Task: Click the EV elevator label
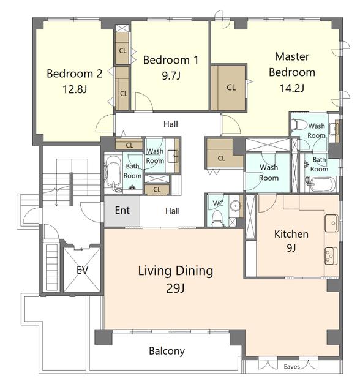click(82, 270)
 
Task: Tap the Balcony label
click(167, 351)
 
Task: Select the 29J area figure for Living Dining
click(175, 288)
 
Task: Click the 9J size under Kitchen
click(291, 247)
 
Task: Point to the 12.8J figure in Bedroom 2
click(75, 89)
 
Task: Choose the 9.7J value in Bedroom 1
click(171, 75)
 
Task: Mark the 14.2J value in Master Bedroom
click(292, 88)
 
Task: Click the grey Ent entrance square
click(122, 211)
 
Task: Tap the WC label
click(218, 203)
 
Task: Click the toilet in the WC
click(217, 218)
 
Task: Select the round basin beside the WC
click(235, 206)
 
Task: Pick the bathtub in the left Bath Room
click(113, 173)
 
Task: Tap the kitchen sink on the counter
click(331, 223)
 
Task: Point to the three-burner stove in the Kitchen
click(331, 256)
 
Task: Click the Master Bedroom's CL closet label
click(231, 88)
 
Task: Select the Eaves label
click(292, 367)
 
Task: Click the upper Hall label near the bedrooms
click(171, 124)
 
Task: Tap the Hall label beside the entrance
click(173, 211)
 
